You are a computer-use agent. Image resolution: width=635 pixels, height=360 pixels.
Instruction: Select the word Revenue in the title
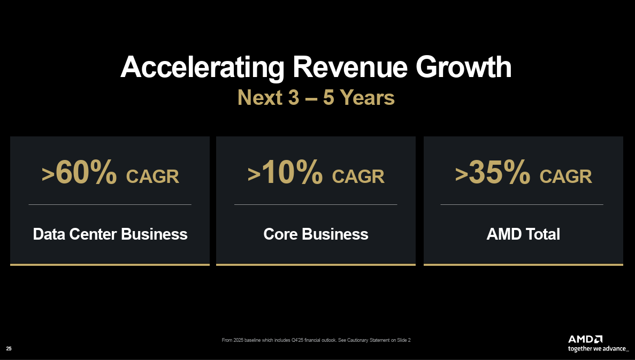[350, 67]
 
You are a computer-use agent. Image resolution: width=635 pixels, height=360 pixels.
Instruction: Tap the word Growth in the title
[464, 67]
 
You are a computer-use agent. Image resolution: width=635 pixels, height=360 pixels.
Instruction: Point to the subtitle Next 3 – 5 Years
[316, 97]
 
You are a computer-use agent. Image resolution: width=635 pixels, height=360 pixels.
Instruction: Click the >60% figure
[79, 172]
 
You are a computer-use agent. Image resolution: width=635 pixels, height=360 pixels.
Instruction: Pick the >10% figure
[285, 172]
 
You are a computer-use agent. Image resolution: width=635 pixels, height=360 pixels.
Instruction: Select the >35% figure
[493, 172]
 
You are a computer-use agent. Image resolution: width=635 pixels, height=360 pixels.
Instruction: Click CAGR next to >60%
[152, 177]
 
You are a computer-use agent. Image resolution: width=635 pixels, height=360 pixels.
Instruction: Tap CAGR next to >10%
[358, 177]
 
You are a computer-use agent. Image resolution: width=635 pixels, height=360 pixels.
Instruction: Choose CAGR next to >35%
[566, 177]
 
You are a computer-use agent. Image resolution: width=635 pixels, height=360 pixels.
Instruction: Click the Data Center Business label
[110, 234]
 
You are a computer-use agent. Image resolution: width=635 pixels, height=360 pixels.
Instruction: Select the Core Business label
[316, 234]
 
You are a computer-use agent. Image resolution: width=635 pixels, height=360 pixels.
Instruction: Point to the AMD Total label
[523, 234]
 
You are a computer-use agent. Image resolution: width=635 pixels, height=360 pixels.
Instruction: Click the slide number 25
[9, 349]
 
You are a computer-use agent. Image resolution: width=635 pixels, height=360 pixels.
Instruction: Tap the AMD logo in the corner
[585, 339]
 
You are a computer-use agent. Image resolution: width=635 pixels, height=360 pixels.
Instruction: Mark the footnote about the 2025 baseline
[316, 340]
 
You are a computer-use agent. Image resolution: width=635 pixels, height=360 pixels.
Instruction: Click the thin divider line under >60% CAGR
[110, 204]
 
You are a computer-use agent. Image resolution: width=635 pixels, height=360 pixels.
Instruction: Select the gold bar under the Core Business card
[316, 265]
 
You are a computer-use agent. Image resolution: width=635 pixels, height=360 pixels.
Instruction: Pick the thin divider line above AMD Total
[522, 204]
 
